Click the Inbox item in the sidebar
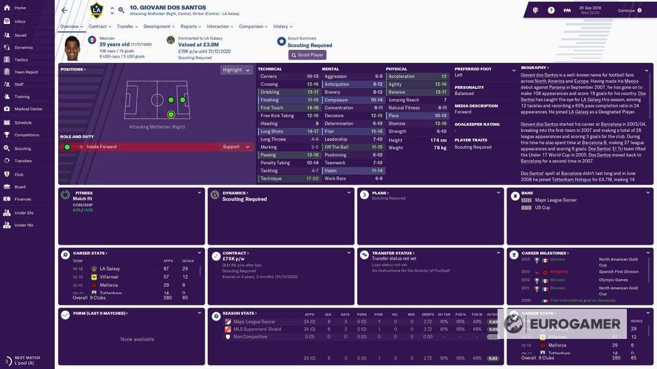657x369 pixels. coord(20,21)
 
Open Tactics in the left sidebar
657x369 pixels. coord(21,59)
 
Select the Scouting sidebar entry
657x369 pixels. coord(23,148)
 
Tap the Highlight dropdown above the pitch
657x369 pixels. coord(236,70)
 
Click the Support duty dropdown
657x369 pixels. coord(236,147)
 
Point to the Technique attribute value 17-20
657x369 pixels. coord(312,178)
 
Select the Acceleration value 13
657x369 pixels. coord(443,77)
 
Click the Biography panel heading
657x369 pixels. coord(534,68)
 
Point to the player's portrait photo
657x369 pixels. coord(72,47)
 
